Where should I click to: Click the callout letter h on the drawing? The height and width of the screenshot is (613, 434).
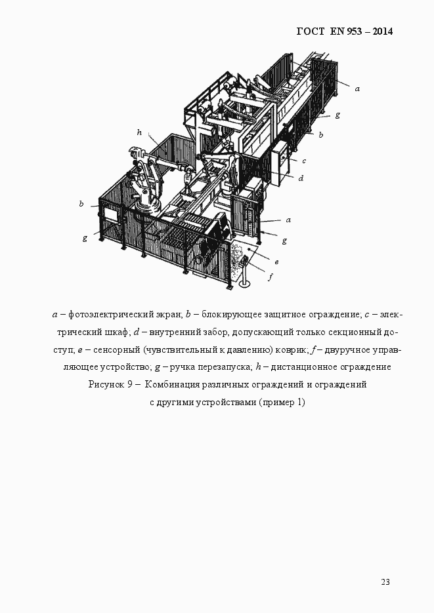[x=139, y=132]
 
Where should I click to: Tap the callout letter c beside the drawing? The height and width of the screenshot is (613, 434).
[x=305, y=160]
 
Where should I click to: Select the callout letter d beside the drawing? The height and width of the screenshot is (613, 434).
[x=300, y=178]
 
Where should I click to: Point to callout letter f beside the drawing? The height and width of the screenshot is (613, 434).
[x=270, y=277]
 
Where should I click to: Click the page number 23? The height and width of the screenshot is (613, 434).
[x=385, y=582]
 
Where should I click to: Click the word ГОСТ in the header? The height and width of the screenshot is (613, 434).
[x=311, y=31]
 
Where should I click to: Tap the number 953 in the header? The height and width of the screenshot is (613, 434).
[x=351, y=31]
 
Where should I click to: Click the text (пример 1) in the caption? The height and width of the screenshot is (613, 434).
[x=282, y=402]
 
